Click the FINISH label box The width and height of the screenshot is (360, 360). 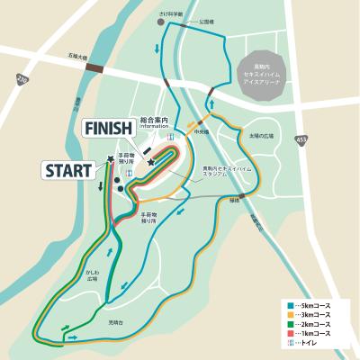(x=109, y=129)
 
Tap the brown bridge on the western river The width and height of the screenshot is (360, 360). (x=94, y=68)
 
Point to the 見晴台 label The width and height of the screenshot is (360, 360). (x=115, y=321)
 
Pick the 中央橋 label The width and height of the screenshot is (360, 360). (x=201, y=131)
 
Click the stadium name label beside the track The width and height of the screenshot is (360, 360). (x=217, y=170)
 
